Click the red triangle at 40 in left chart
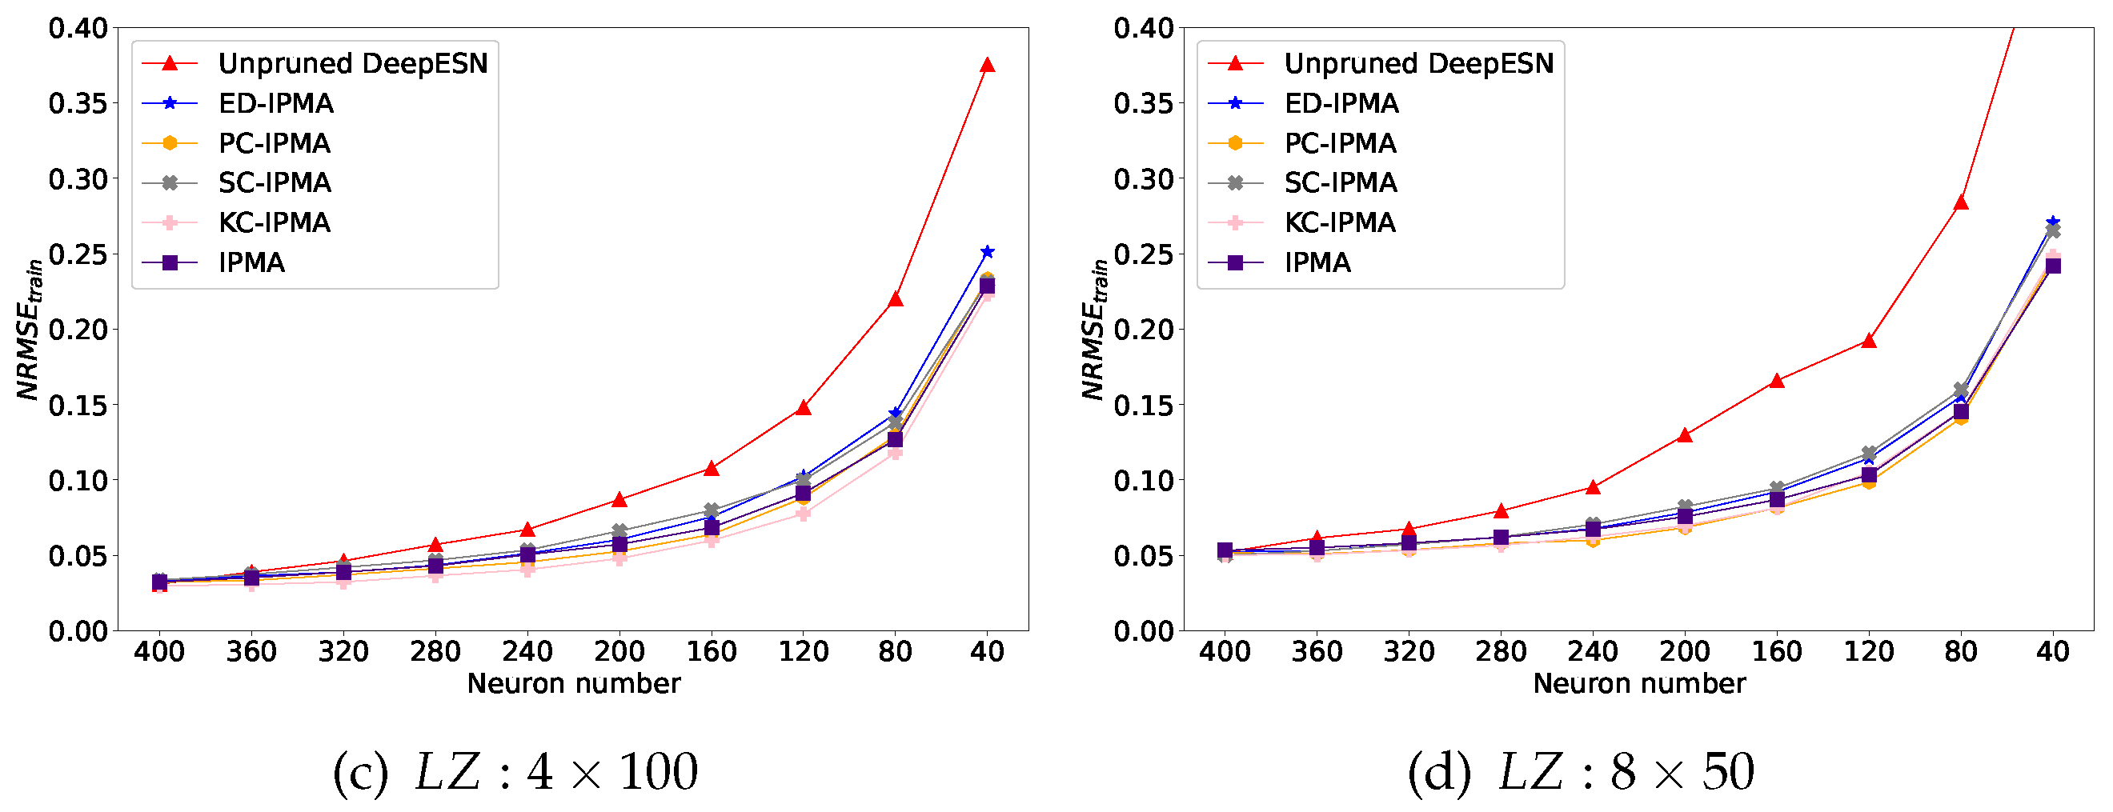[987, 66]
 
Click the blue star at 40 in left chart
[987, 252]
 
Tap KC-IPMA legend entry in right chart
[1340, 222]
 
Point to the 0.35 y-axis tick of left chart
[78, 103]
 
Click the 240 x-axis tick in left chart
[527, 651]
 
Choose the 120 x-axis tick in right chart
[1869, 651]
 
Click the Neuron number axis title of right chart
[1639, 683]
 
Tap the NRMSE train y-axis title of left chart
[30, 330]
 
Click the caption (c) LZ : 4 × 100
[515, 771]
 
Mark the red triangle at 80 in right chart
[1960, 203]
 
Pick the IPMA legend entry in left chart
[251, 262]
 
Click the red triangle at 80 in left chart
[895, 300]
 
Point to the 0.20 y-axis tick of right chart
[1144, 330]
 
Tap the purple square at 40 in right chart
[2052, 266]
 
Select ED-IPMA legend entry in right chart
[1341, 103]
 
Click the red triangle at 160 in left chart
[712, 469]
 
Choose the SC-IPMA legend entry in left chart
[274, 182]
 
